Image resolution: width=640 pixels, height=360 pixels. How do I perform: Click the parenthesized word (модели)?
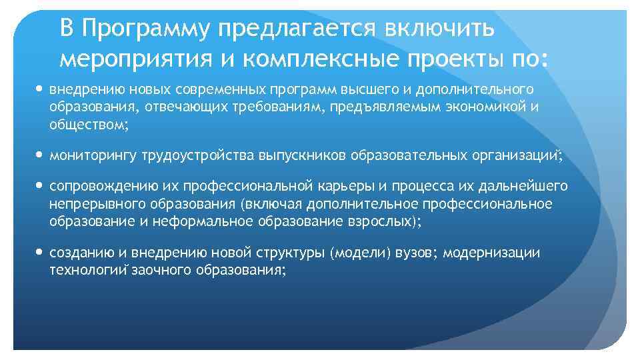point(360,253)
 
